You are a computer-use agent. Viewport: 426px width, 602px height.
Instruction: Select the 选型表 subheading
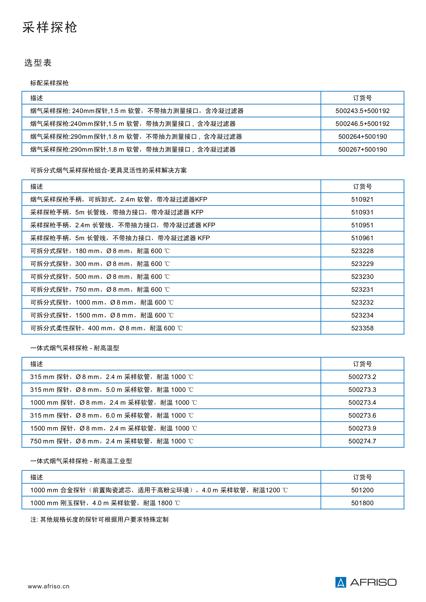point(38,63)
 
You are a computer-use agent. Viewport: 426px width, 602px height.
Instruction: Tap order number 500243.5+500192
point(362,111)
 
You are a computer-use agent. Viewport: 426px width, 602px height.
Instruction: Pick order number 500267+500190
point(362,149)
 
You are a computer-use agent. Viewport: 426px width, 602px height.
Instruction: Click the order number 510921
point(362,200)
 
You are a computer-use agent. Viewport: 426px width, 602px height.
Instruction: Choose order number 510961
point(362,238)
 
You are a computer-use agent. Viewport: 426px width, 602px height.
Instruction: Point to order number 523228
point(362,251)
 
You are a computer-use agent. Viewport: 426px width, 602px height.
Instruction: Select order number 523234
point(362,315)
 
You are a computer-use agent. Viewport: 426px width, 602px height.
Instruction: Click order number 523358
point(362,328)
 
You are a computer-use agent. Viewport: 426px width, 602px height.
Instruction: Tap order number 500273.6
point(362,415)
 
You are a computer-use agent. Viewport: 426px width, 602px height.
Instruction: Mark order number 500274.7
point(362,441)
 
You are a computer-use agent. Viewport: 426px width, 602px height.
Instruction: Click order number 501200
point(362,490)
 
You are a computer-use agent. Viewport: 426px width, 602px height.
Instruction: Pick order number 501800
point(362,503)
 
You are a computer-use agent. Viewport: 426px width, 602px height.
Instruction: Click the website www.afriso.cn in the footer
point(48,586)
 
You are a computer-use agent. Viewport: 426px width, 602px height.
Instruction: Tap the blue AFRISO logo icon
point(341,582)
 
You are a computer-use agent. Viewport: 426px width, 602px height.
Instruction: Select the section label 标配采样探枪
point(49,83)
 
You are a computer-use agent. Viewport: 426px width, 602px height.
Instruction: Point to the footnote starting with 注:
point(99,519)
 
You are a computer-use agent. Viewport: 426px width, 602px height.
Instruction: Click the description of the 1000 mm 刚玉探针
point(105,503)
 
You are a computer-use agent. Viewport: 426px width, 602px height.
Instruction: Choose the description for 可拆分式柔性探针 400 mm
point(106,328)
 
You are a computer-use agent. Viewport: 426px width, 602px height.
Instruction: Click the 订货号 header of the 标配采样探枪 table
point(362,98)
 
